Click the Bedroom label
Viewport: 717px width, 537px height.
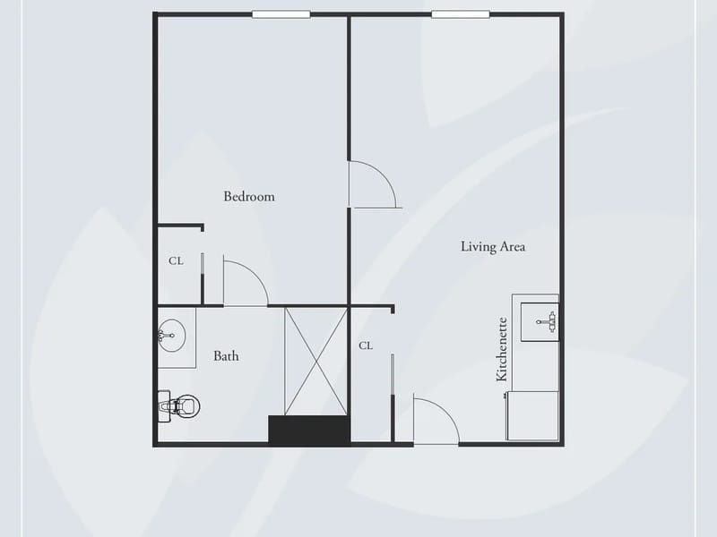point(249,196)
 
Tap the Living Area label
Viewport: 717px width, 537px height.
point(493,247)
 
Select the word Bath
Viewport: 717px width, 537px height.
point(226,355)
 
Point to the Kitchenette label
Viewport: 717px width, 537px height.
point(502,349)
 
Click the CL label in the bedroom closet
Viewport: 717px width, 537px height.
point(176,260)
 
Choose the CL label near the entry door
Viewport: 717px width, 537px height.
point(366,345)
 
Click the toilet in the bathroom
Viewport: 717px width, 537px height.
point(179,406)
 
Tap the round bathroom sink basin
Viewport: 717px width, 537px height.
point(171,336)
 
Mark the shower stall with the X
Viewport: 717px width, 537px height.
point(316,362)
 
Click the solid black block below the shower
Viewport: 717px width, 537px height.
point(309,430)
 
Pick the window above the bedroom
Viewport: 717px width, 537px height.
point(281,14)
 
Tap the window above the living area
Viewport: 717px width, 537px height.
point(461,14)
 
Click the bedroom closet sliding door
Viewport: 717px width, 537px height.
point(203,277)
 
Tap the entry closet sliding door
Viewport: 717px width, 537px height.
point(393,397)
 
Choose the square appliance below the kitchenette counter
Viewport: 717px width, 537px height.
point(532,415)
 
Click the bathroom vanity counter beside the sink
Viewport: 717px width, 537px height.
point(177,338)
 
